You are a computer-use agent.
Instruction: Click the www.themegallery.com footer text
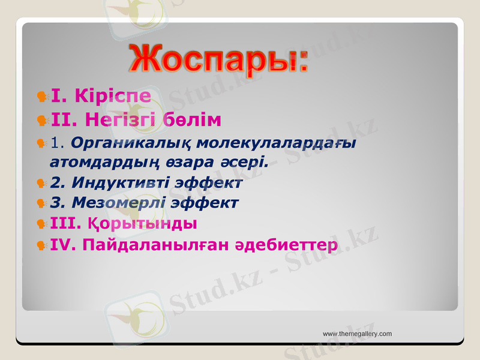point(357,334)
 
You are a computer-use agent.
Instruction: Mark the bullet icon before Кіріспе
point(42,96)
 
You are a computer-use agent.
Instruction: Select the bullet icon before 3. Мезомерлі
point(42,203)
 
